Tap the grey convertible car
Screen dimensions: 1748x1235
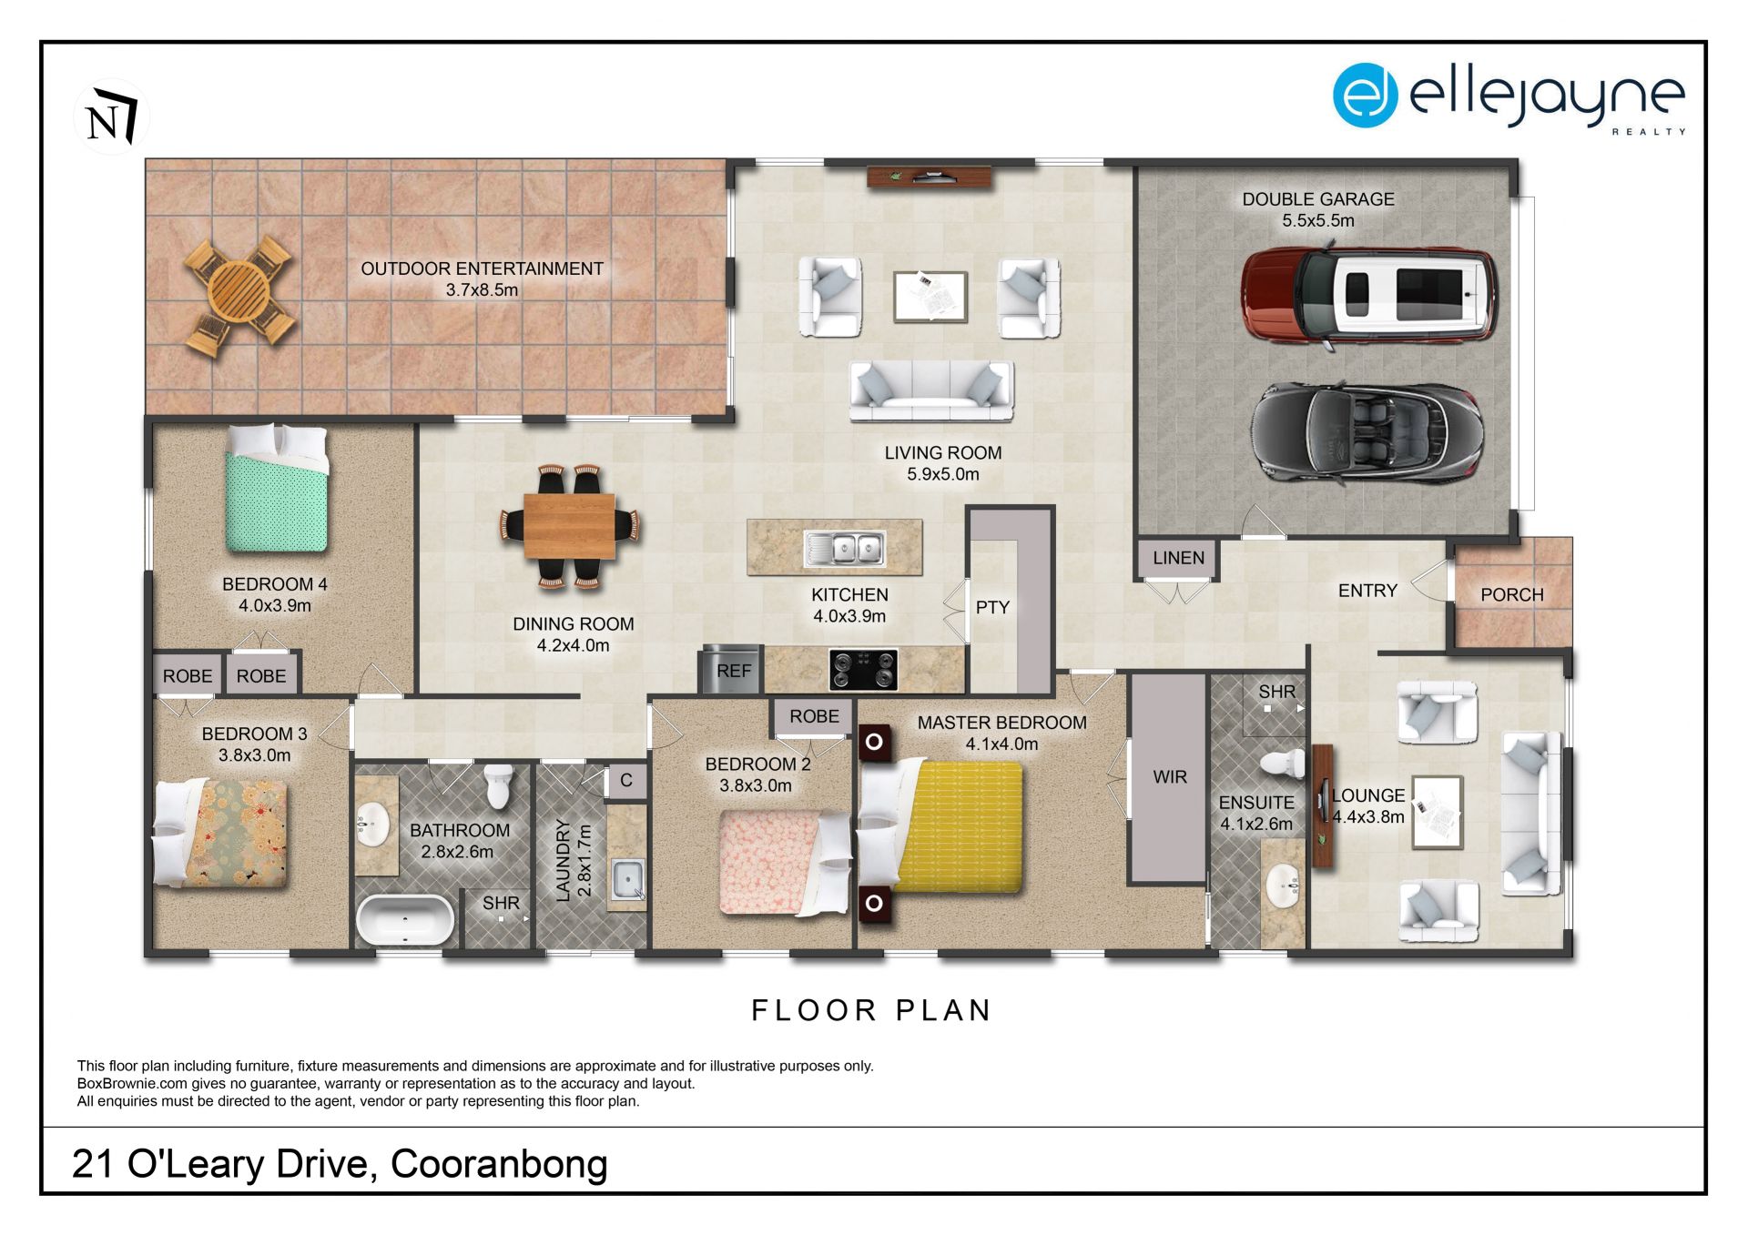coord(1367,431)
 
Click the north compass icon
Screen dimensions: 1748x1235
coord(111,116)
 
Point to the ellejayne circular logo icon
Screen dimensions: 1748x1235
coord(1365,95)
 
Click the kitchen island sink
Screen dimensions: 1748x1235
coord(844,548)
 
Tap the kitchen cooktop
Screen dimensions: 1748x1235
coord(863,669)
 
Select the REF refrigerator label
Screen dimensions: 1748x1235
coord(734,671)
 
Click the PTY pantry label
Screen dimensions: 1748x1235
coord(992,607)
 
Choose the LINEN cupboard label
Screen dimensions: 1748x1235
coord(1178,558)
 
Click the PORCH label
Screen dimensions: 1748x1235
coord(1511,594)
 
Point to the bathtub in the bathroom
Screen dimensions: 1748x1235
coord(404,920)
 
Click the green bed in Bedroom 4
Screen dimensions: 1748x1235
coord(277,489)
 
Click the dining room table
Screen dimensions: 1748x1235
coord(569,526)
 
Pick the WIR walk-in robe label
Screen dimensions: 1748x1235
coord(1170,776)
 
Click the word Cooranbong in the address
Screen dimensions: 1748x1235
coord(499,1164)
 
